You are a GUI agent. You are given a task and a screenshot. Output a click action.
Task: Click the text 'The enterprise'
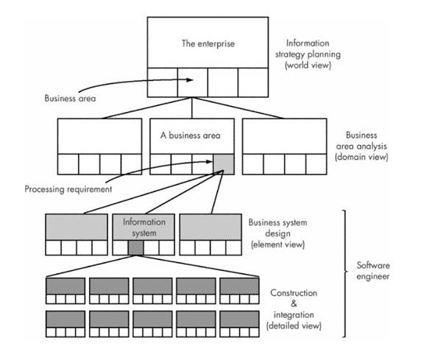(x=208, y=44)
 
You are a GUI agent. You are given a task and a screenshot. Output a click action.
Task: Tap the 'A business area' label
(x=191, y=135)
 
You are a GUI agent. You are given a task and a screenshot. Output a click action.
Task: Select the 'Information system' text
(x=144, y=227)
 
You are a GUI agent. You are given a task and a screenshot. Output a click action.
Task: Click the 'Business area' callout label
(x=70, y=98)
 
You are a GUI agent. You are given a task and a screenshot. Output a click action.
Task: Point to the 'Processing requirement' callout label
(x=68, y=189)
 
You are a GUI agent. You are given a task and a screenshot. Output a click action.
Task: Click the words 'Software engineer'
(x=373, y=271)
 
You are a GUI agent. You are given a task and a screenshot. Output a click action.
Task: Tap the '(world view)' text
(x=308, y=66)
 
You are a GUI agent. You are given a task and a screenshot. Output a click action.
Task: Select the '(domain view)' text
(x=361, y=157)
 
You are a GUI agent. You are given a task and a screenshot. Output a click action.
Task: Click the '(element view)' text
(x=278, y=244)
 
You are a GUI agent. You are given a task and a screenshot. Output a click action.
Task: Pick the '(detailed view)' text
(x=294, y=325)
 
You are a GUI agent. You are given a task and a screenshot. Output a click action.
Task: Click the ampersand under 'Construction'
(x=294, y=304)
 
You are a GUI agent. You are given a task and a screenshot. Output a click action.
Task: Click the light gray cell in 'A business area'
(x=223, y=164)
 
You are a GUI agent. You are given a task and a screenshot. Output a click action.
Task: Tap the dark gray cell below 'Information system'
(x=135, y=247)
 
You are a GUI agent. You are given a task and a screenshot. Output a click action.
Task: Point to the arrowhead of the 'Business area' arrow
(x=190, y=80)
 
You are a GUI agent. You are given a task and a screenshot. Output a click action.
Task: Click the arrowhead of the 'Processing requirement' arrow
(x=209, y=162)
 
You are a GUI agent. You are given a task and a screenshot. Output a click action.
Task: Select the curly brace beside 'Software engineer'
(x=344, y=273)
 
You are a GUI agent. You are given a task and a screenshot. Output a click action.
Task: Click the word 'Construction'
(x=294, y=293)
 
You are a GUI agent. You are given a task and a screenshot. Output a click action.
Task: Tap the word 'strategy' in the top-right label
(x=290, y=54)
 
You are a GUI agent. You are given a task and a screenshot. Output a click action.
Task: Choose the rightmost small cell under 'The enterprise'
(x=253, y=82)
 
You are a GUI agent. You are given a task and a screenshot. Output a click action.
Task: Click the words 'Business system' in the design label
(x=278, y=222)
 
